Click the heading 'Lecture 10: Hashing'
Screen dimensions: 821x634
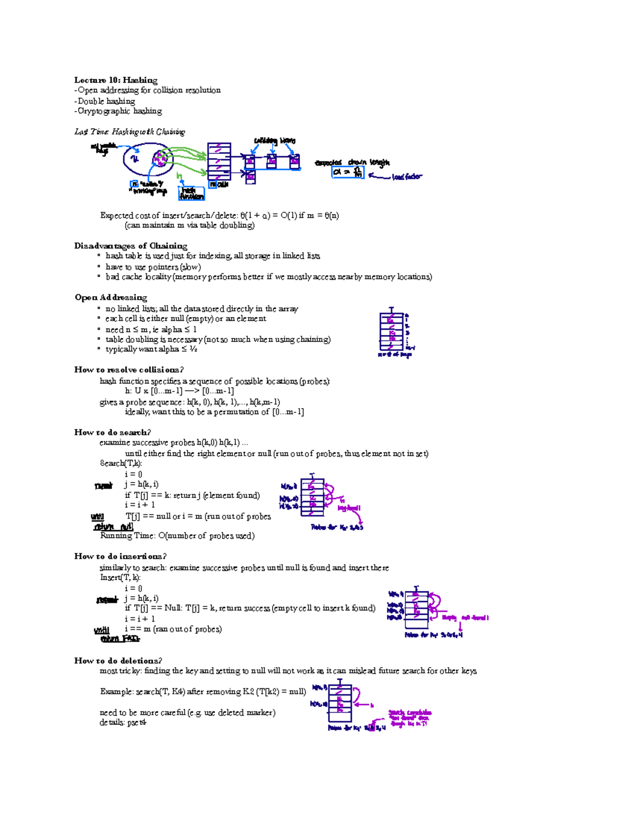[116, 80]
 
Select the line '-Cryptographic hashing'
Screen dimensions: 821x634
[118, 111]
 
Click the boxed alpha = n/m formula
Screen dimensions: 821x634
[348, 172]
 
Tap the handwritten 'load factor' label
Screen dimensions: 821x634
[406, 177]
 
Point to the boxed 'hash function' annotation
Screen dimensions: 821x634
[191, 193]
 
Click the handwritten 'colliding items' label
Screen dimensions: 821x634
[274, 141]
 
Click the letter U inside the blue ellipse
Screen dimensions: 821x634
[135, 158]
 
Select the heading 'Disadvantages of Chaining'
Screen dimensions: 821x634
[130, 246]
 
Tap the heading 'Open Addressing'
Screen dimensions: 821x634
[111, 298]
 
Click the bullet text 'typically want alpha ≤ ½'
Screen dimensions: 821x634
[151, 349]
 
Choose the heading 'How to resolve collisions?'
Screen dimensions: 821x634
[129, 370]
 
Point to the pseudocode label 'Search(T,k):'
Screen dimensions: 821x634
[121, 464]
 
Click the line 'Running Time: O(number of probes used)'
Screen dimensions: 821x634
[177, 536]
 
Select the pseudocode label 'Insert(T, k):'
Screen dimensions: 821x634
[120, 578]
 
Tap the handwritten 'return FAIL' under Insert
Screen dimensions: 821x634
[120, 639]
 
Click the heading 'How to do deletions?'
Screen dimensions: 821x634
[118, 661]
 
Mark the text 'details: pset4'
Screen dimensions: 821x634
[123, 723]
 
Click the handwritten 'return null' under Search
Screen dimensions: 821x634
[113, 527]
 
